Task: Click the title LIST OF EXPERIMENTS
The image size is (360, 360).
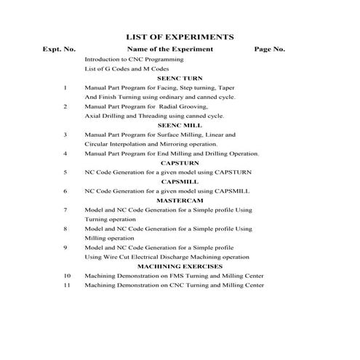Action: coord(180,36)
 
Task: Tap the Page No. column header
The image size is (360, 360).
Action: coord(269,49)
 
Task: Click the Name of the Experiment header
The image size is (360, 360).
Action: coord(170,49)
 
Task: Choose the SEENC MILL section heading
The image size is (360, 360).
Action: coord(180,125)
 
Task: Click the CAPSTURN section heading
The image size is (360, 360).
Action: coord(180,164)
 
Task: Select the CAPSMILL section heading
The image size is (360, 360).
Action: coord(180,181)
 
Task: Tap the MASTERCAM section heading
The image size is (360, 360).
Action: coord(180,200)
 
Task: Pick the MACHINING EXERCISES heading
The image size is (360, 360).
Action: coord(180,267)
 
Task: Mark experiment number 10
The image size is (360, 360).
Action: coord(67,276)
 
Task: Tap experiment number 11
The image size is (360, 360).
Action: coord(67,286)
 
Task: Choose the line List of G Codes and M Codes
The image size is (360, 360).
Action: coord(124,68)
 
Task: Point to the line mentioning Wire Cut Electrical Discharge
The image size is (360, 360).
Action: coord(167,257)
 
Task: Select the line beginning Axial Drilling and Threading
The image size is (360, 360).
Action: coord(154,116)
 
